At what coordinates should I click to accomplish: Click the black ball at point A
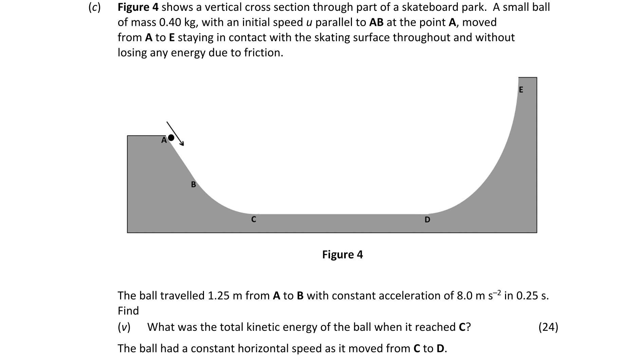tap(171, 137)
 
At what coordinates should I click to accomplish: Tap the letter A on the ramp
tap(164, 140)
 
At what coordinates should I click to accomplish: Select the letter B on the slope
tap(193, 185)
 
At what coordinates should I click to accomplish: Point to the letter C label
tap(253, 220)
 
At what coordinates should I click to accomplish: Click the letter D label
tap(427, 220)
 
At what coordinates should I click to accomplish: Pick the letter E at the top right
tap(521, 90)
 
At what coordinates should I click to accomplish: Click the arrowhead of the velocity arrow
tap(182, 144)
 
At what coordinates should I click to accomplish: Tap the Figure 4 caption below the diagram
tap(342, 254)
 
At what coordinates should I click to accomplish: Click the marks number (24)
tap(548, 327)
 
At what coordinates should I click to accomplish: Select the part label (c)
tap(94, 7)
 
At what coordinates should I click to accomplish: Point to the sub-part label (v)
tap(124, 327)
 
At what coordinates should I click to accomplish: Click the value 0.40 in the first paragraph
tap(170, 22)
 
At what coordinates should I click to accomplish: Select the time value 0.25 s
tap(531, 296)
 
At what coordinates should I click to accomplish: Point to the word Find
tap(128, 311)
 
